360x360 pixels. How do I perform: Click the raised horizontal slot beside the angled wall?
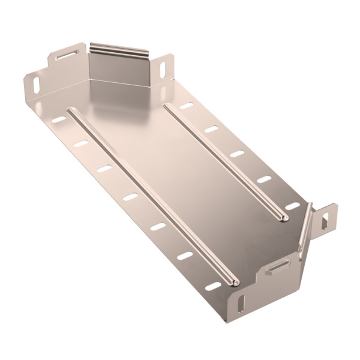tap(277, 265)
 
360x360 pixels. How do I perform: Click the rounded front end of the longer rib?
tap(235, 281)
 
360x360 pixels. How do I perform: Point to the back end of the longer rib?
tap(71, 111)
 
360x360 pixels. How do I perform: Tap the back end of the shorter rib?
tap(166, 107)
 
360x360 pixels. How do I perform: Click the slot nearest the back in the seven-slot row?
tap(58, 120)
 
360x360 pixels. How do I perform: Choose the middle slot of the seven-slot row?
tap(131, 196)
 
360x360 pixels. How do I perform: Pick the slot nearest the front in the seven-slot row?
tap(212, 286)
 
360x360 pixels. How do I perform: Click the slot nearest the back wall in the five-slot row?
tap(187, 106)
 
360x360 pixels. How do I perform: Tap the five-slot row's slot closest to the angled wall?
tap(292, 206)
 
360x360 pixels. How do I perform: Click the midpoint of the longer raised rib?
tap(152, 195)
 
